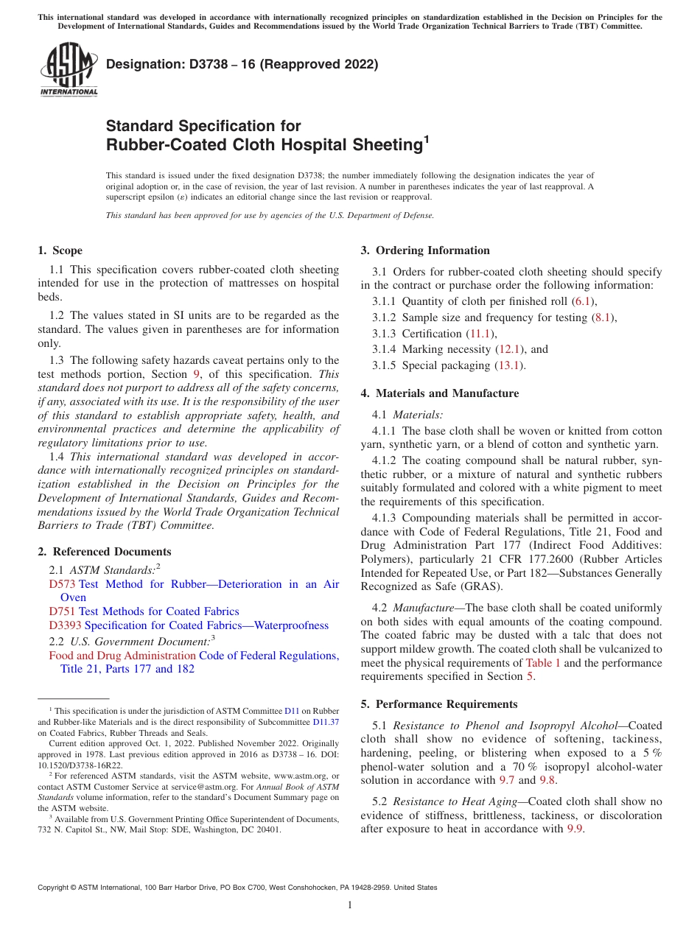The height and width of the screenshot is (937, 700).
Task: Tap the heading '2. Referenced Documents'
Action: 104,552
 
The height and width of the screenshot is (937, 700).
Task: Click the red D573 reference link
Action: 62,584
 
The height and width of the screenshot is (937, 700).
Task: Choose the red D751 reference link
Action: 62,611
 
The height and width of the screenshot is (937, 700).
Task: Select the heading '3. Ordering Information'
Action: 425,250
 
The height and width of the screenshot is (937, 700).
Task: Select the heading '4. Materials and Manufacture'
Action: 439,393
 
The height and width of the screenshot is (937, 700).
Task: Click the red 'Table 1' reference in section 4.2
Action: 542,663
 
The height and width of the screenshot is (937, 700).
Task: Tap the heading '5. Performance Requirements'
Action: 439,704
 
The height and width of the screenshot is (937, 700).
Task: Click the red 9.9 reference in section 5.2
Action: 575,829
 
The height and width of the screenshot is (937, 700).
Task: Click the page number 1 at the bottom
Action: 350,905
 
